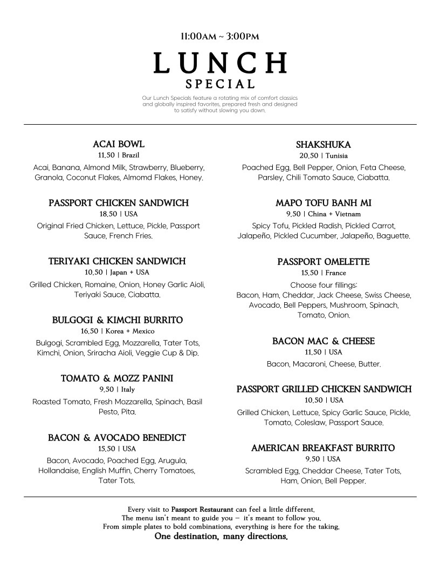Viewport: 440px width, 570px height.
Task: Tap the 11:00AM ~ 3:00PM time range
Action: pos(220,36)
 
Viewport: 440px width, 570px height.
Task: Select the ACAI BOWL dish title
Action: pos(119,144)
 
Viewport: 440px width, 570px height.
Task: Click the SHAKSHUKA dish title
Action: pos(324,144)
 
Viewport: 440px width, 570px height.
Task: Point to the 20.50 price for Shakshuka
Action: pos(309,155)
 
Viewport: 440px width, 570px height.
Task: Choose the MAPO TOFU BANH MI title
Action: pos(324,203)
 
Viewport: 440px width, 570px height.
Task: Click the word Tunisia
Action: pos(336,155)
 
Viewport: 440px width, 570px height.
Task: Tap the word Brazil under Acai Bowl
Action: pos(131,155)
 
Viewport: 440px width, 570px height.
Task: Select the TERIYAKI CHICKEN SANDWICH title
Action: pos(117,261)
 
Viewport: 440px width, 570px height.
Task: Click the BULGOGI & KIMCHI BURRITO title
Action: pos(118,320)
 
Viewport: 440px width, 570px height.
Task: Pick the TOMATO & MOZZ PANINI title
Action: pos(117,378)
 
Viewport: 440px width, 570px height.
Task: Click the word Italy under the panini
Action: pos(128,389)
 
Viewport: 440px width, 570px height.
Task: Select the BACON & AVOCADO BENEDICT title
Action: pos(117,437)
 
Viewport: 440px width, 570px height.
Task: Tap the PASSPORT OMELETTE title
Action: pos(324,262)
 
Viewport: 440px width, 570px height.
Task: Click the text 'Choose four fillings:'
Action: pos(324,284)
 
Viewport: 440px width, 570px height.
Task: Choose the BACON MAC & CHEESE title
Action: pos(324,341)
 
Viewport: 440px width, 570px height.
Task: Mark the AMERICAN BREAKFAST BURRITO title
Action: pos(323,448)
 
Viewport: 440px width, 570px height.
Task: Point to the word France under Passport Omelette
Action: pos(336,273)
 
